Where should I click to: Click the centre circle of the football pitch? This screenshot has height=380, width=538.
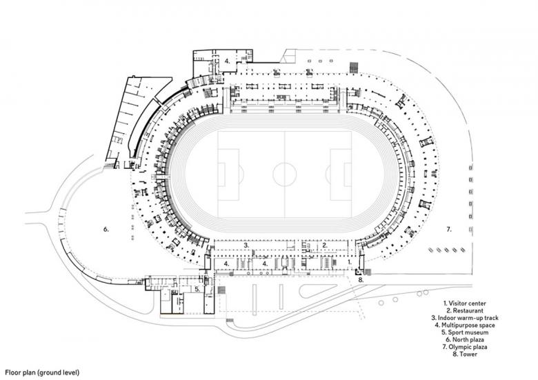(285, 174)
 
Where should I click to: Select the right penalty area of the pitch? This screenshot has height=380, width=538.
(341, 174)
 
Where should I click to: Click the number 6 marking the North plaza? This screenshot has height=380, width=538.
(106, 228)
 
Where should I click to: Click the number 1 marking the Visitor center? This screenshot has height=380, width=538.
(350, 263)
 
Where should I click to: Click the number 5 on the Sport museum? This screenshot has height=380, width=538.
(197, 290)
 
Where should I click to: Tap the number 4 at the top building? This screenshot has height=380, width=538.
(226, 61)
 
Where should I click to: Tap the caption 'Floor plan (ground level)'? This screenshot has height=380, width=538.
(42, 372)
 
